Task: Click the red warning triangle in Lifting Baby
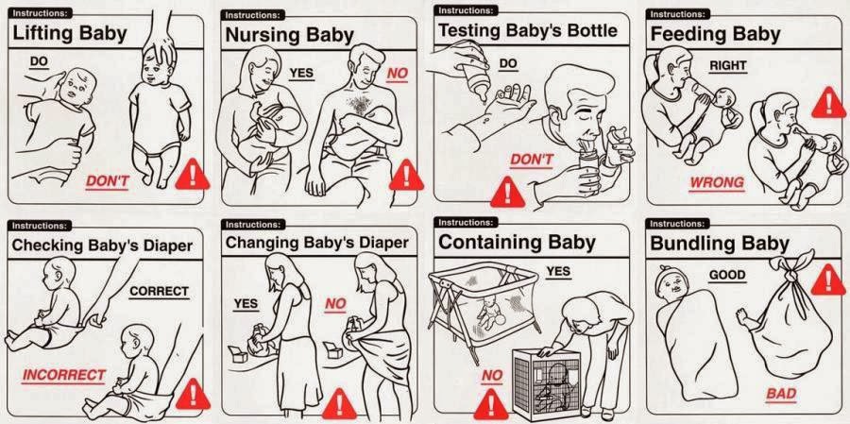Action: point(193,175)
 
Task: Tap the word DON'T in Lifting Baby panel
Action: point(107,182)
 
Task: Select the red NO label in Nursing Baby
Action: point(398,75)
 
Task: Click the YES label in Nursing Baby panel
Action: point(301,73)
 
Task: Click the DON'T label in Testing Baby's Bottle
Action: point(531,160)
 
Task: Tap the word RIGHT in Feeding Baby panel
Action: point(728,65)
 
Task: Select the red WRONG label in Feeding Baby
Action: point(717,182)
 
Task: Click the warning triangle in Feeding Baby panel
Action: point(828,103)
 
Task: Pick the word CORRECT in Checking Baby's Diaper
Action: point(159,292)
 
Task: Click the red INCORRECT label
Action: point(63,375)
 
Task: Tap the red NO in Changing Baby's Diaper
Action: point(335,305)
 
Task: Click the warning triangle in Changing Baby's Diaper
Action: point(339,404)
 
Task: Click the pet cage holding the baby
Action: point(546,384)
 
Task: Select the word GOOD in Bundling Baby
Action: point(727,276)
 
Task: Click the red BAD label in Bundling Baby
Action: point(781,394)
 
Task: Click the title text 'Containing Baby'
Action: point(517,243)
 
